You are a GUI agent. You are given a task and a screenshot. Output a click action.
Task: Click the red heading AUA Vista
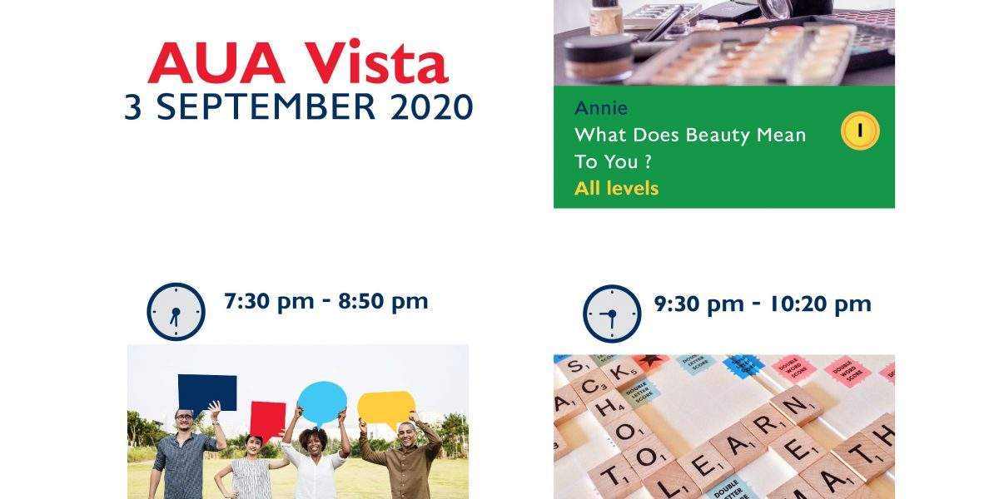(x=298, y=62)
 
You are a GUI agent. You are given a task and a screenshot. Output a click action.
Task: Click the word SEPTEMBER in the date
(x=266, y=107)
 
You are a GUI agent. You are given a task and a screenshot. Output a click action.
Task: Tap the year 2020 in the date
(x=431, y=107)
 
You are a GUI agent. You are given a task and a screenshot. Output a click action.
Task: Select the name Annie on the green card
(x=601, y=108)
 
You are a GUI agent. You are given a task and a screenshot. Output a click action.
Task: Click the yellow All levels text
(x=616, y=189)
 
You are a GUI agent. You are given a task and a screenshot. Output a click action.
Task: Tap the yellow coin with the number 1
(x=860, y=131)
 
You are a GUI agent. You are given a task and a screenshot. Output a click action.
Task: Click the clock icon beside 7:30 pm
(x=176, y=311)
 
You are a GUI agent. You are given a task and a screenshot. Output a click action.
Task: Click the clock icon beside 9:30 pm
(x=612, y=314)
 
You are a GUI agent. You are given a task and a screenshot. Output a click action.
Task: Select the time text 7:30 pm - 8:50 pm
(x=326, y=302)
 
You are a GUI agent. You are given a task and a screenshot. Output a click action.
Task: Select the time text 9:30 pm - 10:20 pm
(x=763, y=304)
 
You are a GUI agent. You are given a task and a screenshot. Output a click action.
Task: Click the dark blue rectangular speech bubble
(x=207, y=393)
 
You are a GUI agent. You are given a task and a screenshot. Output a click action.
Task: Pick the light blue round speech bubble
(x=322, y=403)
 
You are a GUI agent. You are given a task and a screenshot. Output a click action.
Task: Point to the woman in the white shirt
(x=316, y=463)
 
